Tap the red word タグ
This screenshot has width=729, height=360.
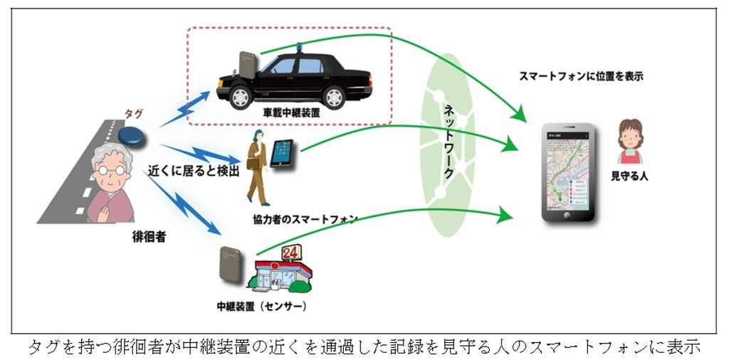coord(133,114)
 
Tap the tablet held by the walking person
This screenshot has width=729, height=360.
coord(281,153)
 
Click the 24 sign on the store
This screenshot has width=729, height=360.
coord(291,253)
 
